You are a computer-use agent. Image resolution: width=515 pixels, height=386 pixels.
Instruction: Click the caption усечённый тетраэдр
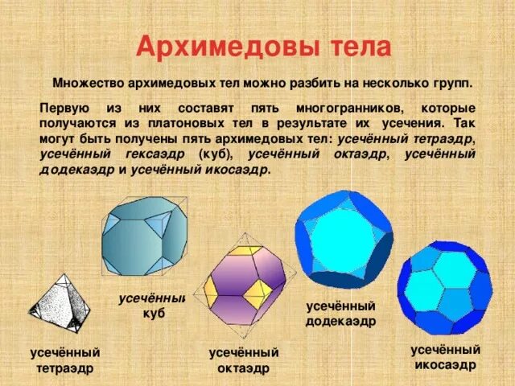click(65, 360)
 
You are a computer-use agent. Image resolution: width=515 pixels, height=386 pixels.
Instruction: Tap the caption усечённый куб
click(152, 306)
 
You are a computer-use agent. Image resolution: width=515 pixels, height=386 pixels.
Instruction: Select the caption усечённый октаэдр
click(244, 360)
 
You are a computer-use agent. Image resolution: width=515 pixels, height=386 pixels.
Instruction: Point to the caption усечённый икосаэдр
click(445, 357)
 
